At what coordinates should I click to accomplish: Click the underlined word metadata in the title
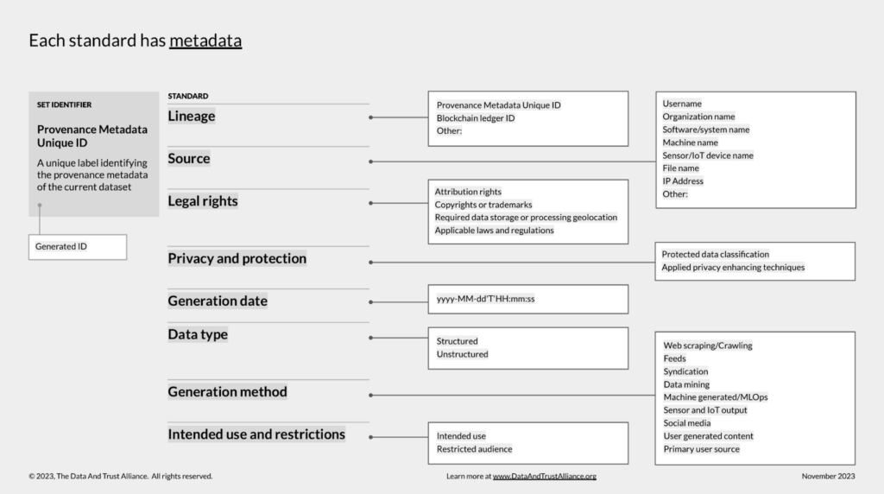pyautogui.click(x=205, y=41)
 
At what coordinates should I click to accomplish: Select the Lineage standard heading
pyautogui.click(x=191, y=117)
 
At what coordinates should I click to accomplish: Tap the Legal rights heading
pyautogui.click(x=202, y=201)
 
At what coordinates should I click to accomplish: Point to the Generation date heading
pyautogui.click(x=217, y=301)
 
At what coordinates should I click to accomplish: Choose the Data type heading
pyautogui.click(x=198, y=334)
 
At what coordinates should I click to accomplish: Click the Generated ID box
pyautogui.click(x=78, y=247)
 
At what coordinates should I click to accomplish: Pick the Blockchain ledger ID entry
pyautogui.click(x=476, y=117)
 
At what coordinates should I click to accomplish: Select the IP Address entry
pyautogui.click(x=683, y=181)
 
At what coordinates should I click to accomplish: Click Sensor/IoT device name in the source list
pyautogui.click(x=708, y=155)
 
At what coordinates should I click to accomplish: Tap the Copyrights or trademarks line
pyautogui.click(x=483, y=205)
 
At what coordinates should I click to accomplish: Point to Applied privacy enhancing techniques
pyautogui.click(x=733, y=268)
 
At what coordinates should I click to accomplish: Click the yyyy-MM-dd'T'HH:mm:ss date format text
pyautogui.click(x=485, y=299)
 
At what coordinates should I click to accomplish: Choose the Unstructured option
pyautogui.click(x=463, y=354)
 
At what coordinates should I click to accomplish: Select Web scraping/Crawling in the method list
pyautogui.click(x=708, y=345)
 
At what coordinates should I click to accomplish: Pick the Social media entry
pyautogui.click(x=686, y=423)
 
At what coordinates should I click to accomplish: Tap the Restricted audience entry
pyautogui.click(x=474, y=449)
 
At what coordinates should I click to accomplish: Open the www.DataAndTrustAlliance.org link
pyautogui.click(x=544, y=477)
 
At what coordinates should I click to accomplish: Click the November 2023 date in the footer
pyautogui.click(x=828, y=477)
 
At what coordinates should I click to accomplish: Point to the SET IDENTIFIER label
pyautogui.click(x=64, y=104)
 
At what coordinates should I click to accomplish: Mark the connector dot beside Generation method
pyautogui.click(x=370, y=396)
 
